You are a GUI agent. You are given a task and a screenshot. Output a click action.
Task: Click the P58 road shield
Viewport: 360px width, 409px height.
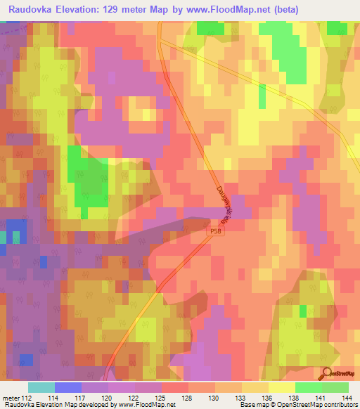pyautogui.click(x=216, y=231)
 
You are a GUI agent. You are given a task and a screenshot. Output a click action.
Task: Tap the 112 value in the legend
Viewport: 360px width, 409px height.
pyautogui.click(x=27, y=398)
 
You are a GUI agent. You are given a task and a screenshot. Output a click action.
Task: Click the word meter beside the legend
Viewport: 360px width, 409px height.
pyautogui.click(x=11, y=398)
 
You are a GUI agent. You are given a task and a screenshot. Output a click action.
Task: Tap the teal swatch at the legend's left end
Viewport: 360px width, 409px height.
pyautogui.click(x=41, y=387)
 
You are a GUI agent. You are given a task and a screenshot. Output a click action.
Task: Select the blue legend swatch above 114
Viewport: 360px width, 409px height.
pyautogui.click(x=67, y=387)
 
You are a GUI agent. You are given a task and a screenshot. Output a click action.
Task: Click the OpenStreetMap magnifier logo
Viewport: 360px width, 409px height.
pyautogui.click(x=326, y=374)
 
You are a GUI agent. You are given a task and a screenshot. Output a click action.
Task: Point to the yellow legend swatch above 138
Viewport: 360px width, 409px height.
pyautogui.click(x=281, y=387)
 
